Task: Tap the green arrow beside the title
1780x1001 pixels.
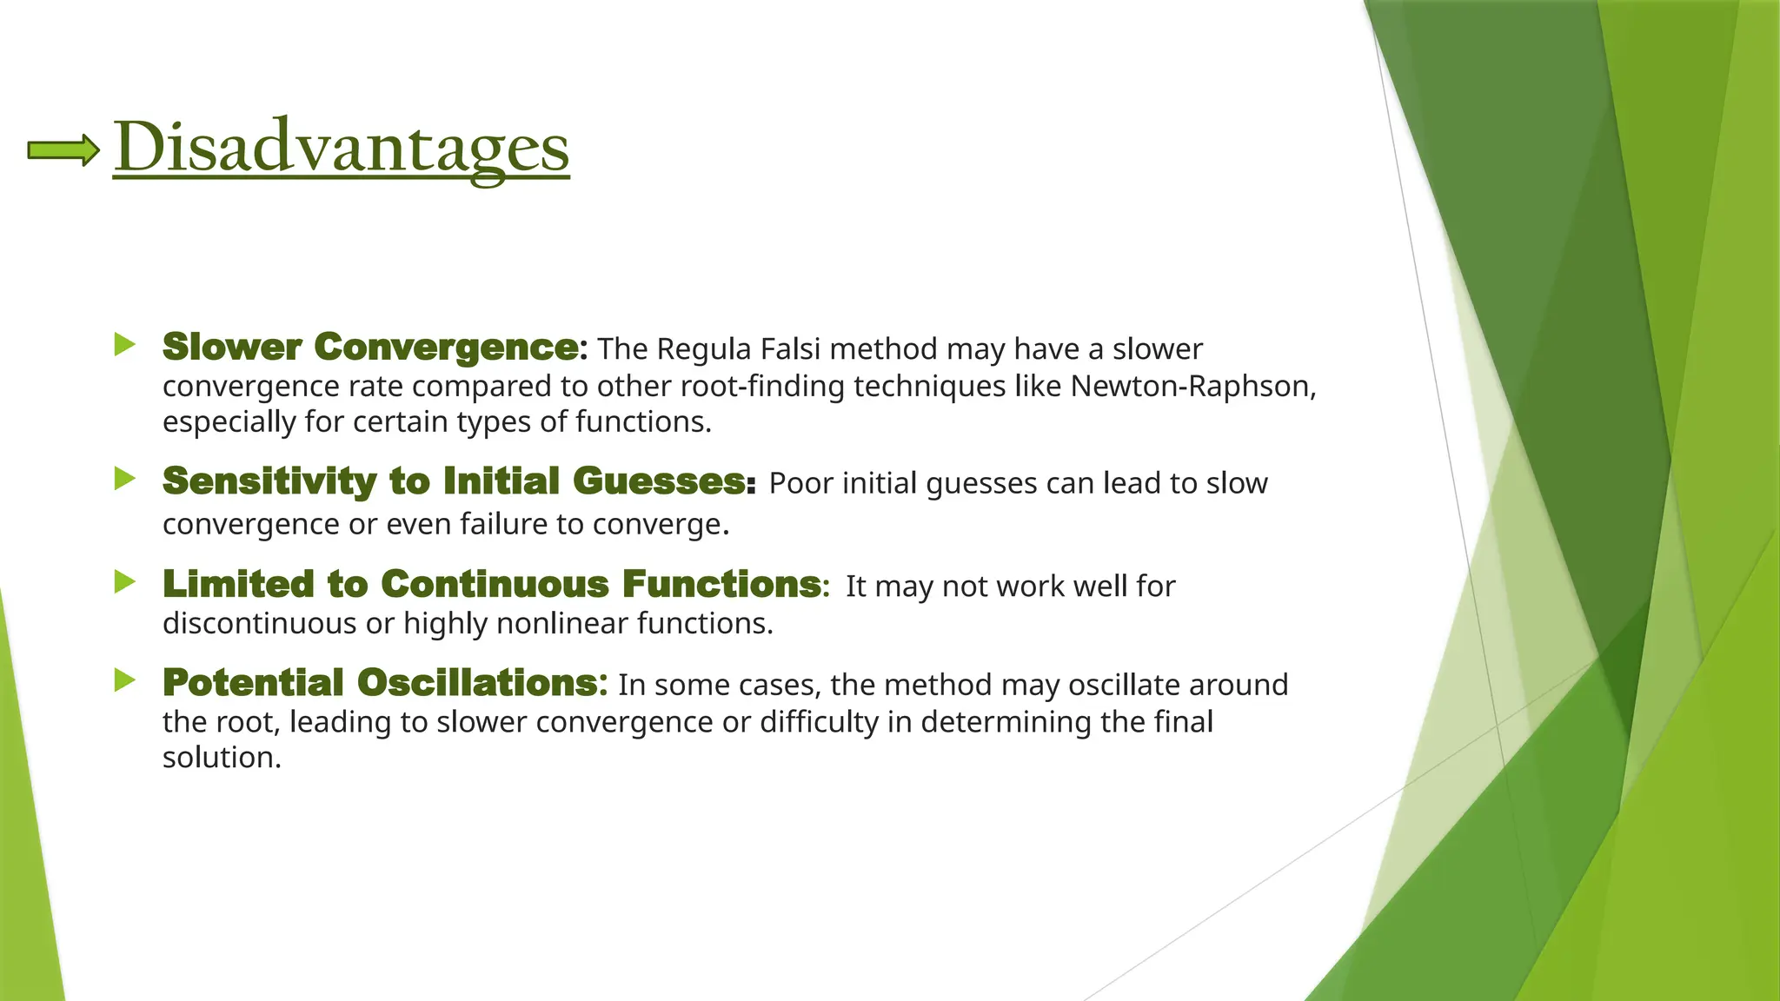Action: [x=63, y=150]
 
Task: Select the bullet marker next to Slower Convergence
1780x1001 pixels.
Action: [x=124, y=345]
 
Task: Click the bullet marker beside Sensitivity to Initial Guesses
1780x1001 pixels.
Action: [x=124, y=479]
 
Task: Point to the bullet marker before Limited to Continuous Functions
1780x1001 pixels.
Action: [x=124, y=582]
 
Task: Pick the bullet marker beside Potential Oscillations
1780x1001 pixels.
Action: [x=124, y=681]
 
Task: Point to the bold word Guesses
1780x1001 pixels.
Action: [x=659, y=481]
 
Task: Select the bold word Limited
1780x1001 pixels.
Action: [x=238, y=584]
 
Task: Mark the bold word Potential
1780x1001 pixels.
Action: [x=253, y=683]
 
